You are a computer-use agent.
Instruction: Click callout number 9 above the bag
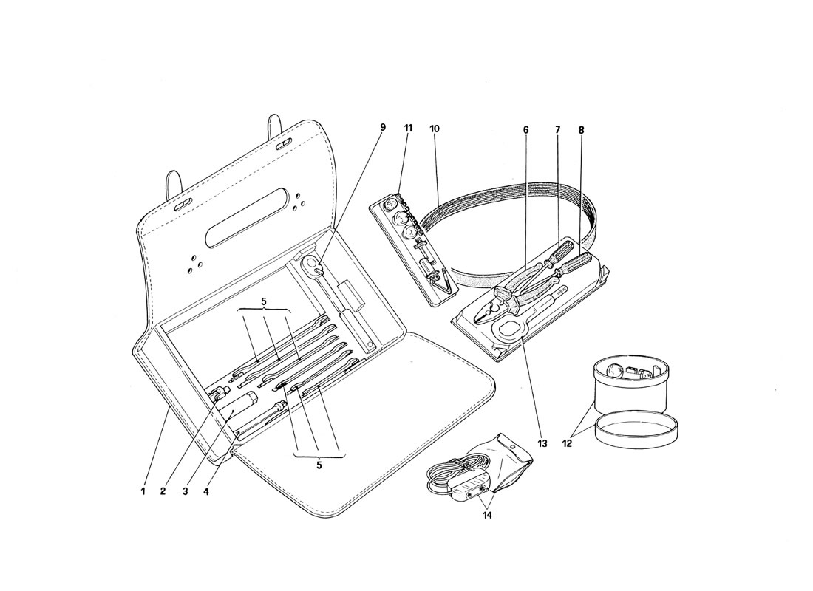pyautogui.click(x=383, y=127)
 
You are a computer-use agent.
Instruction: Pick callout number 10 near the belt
pyautogui.click(x=435, y=129)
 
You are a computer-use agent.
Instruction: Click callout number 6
pyautogui.click(x=525, y=129)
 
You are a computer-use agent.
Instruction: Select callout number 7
pyautogui.click(x=558, y=129)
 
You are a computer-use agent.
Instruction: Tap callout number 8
pyautogui.click(x=581, y=129)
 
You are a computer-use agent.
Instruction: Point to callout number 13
pyautogui.click(x=543, y=444)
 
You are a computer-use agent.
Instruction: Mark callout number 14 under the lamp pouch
pyautogui.click(x=487, y=516)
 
